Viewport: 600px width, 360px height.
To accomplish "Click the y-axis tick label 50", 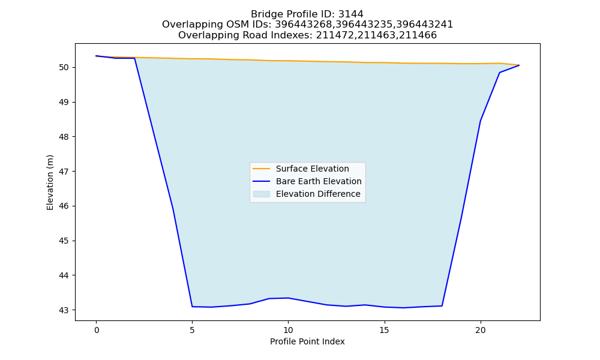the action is click(x=64, y=68).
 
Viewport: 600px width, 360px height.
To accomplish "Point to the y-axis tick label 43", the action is click(x=64, y=310).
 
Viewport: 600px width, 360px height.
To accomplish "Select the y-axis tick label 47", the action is click(x=64, y=172).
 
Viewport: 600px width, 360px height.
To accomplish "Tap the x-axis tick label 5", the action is click(x=192, y=330).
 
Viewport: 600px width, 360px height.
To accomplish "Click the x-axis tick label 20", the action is click(x=481, y=330).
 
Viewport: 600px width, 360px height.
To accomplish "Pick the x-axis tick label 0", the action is click(x=97, y=330).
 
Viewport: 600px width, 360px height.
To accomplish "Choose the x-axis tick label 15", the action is click(x=385, y=330).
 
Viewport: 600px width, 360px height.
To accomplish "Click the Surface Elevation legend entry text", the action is click(x=312, y=169).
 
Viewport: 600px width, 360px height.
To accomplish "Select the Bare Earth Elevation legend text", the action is click(x=319, y=181).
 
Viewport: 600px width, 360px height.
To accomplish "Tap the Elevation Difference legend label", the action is click(x=318, y=194).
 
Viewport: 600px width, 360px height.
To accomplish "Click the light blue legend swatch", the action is click(x=262, y=194).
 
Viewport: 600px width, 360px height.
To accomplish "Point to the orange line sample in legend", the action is click(x=262, y=169).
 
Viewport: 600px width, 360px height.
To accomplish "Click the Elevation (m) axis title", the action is click(x=50, y=182).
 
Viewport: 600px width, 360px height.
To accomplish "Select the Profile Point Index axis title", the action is click(x=307, y=341).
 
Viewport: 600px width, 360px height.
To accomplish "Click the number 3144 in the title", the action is click(x=351, y=14).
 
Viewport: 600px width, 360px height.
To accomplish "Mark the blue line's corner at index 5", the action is click(x=192, y=307).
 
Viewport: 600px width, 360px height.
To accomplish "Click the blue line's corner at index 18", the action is click(x=442, y=305).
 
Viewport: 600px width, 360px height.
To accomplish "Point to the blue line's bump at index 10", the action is click(x=288, y=298).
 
